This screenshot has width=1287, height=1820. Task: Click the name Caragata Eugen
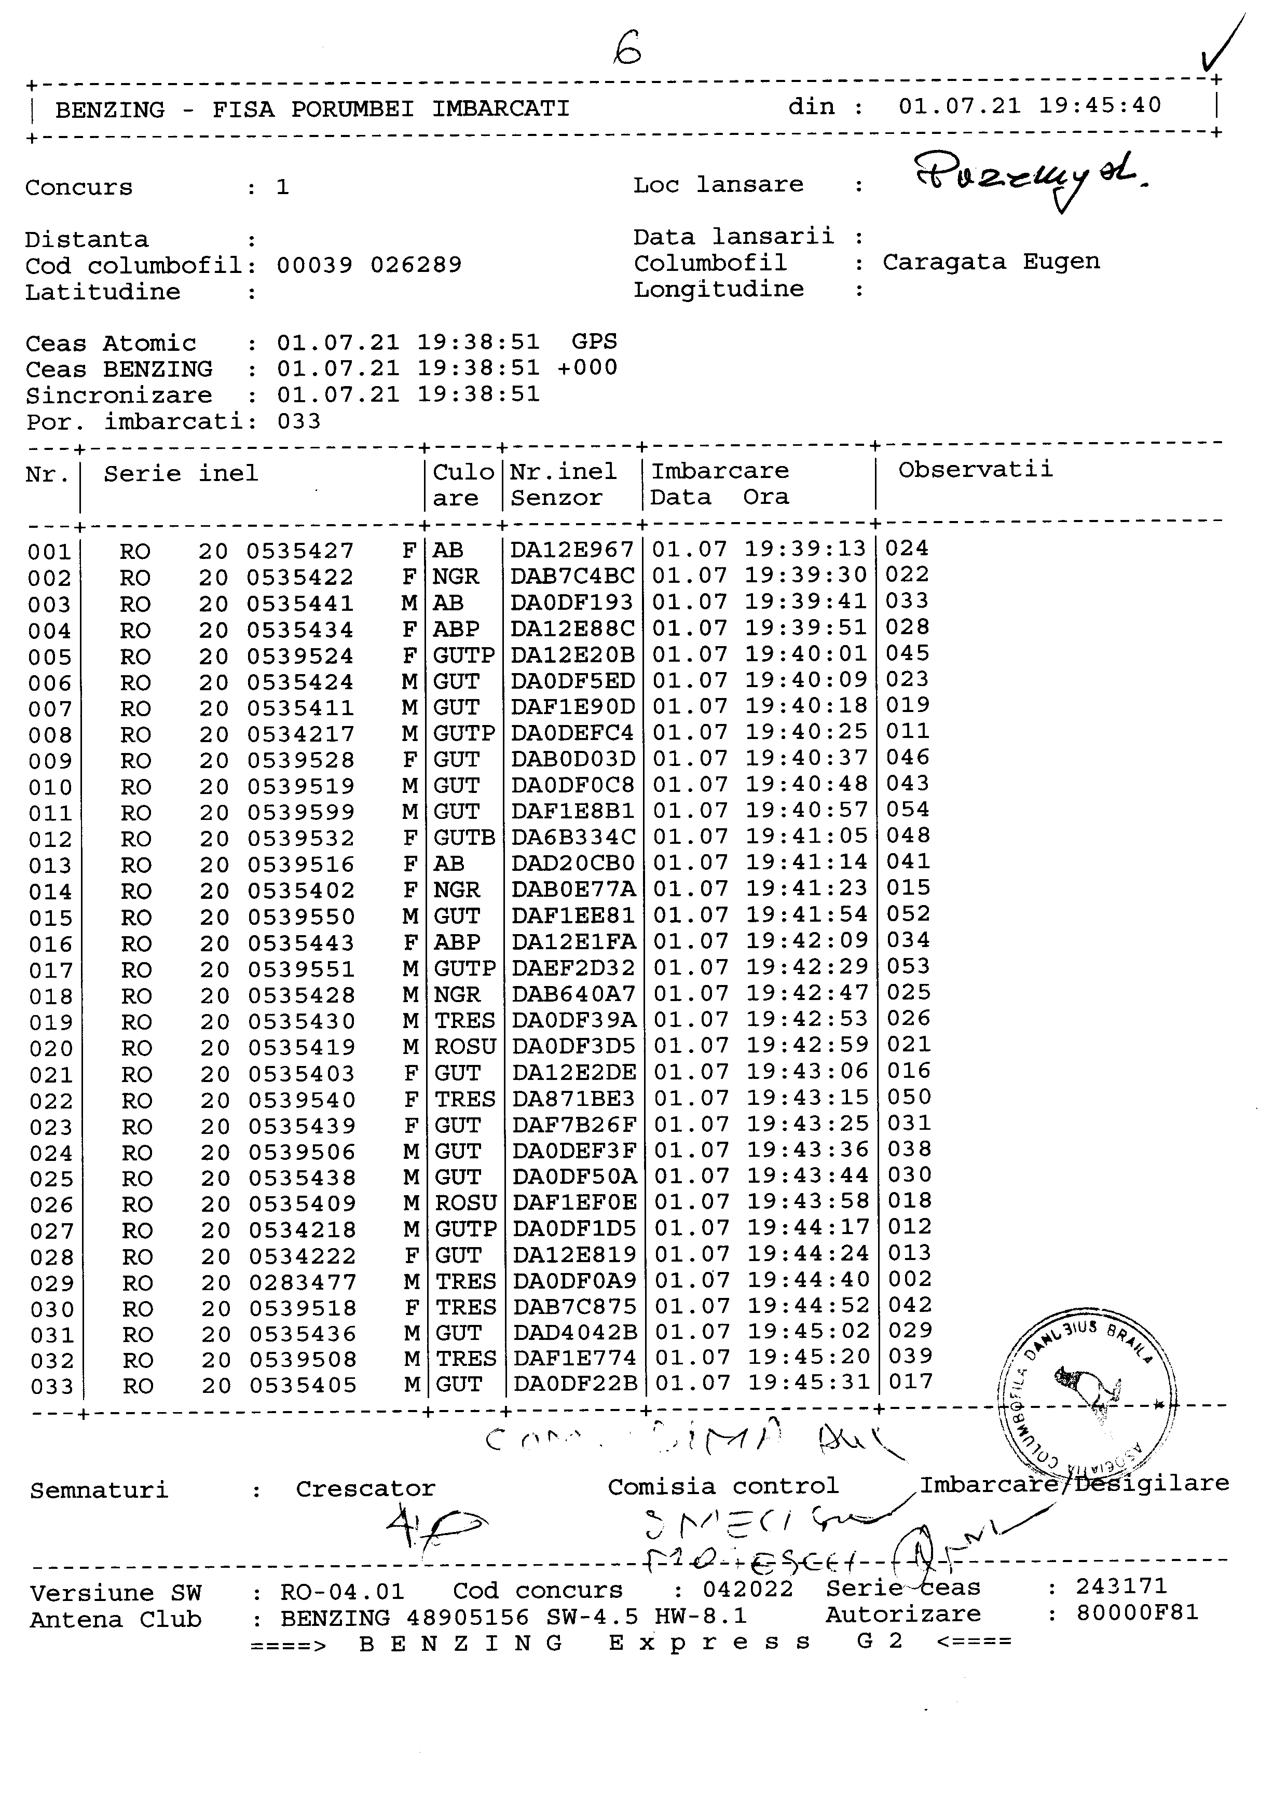[991, 263]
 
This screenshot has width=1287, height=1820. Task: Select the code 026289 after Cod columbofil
[416, 265]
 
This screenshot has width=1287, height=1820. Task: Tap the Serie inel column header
[181, 474]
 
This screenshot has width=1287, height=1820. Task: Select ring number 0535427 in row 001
[299, 551]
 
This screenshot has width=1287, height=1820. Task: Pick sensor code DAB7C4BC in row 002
[572, 576]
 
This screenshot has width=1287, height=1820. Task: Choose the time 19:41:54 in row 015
[807, 915]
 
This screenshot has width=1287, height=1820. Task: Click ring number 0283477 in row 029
[303, 1282]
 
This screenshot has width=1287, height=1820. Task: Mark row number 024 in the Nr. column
[51, 1153]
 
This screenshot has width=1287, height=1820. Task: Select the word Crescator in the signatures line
[365, 1489]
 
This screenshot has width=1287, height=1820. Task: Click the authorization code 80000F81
[1137, 1613]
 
